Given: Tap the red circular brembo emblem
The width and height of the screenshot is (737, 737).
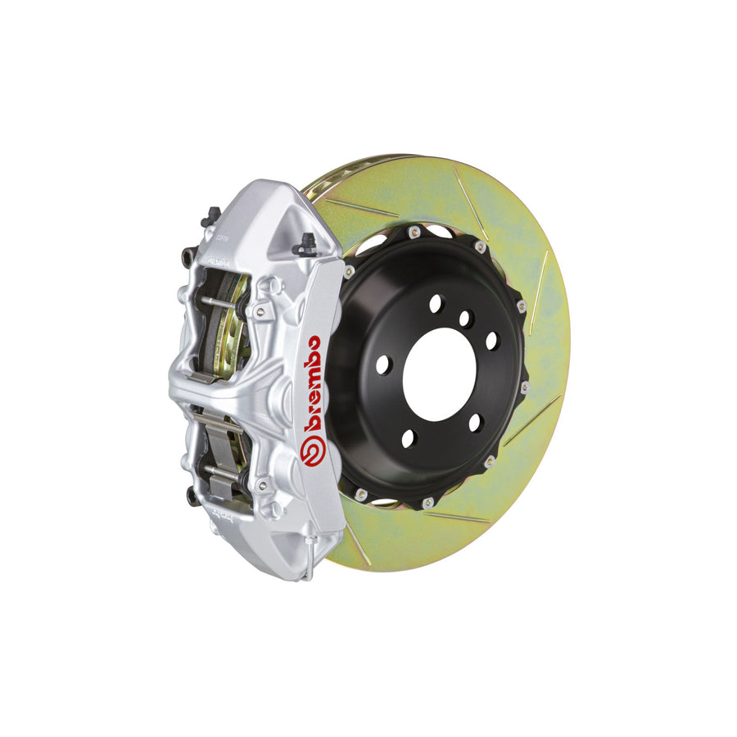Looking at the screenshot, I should [311, 451].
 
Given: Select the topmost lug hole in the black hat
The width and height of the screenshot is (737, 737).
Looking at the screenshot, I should [436, 304].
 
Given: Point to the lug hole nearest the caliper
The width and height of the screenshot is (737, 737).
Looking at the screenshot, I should [383, 366].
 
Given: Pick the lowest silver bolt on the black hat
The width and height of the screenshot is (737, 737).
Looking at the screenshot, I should [427, 502].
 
